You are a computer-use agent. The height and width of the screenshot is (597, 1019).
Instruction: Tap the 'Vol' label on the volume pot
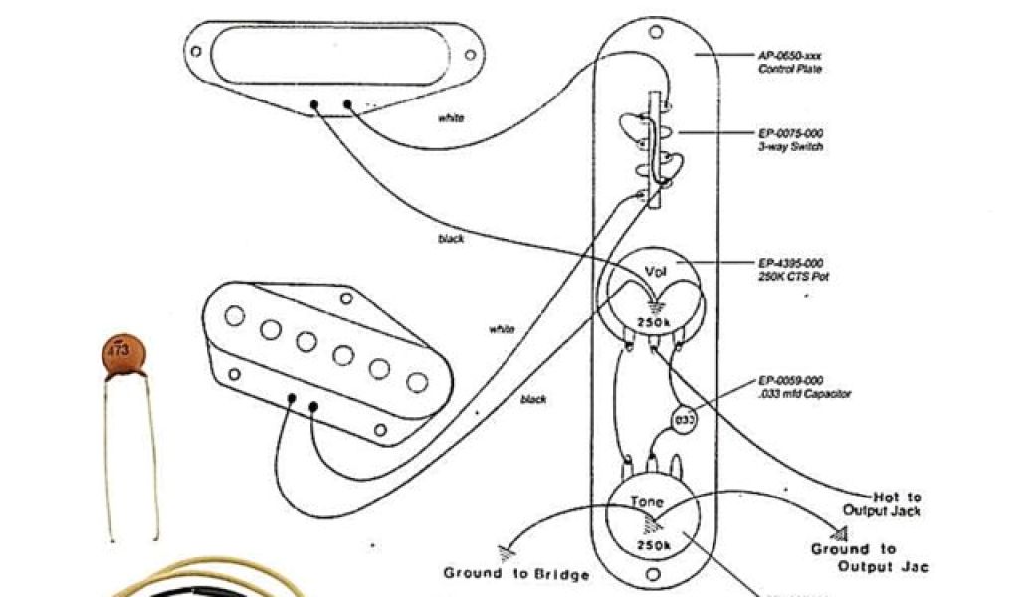655,272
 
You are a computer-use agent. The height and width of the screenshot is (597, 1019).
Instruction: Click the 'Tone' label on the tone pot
648,502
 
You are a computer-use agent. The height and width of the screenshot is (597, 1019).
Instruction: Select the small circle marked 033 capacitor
685,421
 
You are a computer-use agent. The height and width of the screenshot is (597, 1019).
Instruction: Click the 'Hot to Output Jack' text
887,503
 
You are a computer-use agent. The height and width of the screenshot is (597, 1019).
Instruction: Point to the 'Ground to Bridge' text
516,574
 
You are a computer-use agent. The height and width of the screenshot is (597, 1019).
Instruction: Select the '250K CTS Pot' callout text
792,269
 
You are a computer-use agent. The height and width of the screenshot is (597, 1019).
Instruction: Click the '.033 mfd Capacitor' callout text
804,387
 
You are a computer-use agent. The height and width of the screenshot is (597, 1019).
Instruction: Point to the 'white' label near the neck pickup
451,118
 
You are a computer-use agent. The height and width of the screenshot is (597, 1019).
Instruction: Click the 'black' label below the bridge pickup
533,399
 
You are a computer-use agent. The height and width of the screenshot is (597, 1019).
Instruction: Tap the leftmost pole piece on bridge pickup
235,316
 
